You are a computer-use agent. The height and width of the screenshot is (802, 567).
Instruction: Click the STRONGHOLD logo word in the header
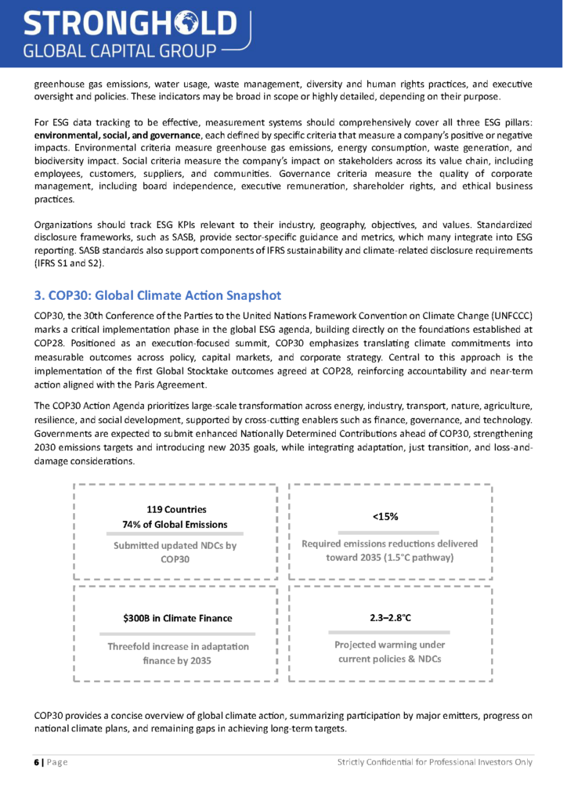tap(129, 23)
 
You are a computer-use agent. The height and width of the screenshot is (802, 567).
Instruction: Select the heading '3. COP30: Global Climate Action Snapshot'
tap(157, 295)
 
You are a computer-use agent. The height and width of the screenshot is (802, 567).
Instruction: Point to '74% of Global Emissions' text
tap(175, 524)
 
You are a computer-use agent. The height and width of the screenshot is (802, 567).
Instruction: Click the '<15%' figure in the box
tap(389, 516)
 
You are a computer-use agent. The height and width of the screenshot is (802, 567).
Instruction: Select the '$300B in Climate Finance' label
tap(178, 618)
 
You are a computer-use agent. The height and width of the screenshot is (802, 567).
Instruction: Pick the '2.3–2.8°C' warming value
tap(390, 618)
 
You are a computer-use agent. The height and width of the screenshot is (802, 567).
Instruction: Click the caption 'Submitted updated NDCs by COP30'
tap(175, 552)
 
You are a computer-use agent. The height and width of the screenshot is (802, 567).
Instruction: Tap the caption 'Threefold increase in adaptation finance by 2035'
tap(178, 653)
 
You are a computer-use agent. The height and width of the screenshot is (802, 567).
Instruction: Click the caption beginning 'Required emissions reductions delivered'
tap(390, 550)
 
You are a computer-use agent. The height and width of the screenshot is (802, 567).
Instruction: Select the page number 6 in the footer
tap(36, 762)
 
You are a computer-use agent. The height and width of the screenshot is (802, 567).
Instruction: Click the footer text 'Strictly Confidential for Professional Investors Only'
tap(435, 762)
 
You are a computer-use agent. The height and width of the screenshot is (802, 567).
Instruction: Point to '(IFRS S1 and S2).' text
tap(69, 263)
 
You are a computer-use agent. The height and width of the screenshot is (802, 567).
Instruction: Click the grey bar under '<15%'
tap(389, 532)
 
